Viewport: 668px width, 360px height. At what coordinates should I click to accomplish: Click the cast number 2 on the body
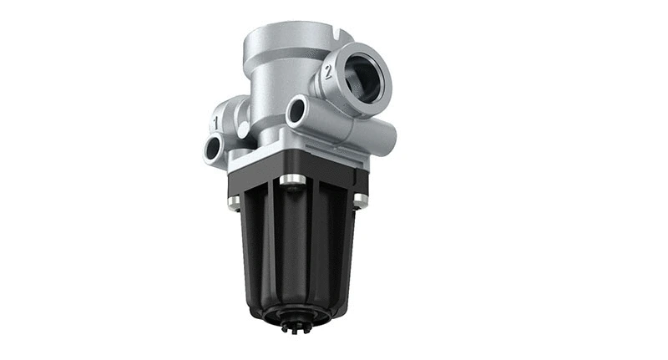328,72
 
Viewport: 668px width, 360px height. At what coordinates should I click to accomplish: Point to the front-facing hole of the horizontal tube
297,113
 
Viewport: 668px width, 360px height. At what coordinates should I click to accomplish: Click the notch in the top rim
334,35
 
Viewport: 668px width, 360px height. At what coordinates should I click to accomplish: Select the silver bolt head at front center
291,180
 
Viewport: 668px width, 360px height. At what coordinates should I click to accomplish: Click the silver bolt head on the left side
234,200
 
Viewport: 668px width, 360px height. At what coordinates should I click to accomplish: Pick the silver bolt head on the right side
360,200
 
